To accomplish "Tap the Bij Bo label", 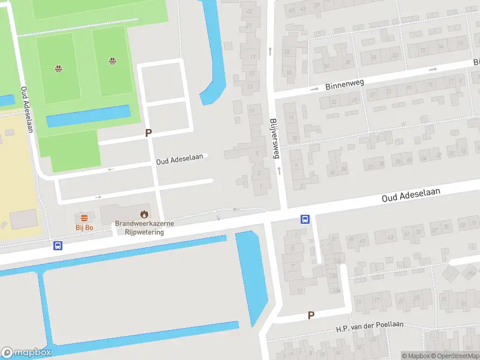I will [x=84, y=227].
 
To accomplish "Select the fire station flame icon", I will [x=144, y=214].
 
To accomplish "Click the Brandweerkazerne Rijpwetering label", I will [x=144, y=227].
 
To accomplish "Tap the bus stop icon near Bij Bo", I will [x=58, y=245].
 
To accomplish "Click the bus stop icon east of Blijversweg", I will [x=305, y=219].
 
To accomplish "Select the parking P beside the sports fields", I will [x=148, y=133].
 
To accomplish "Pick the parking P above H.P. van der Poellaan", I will [x=311, y=315].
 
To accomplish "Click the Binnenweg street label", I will [x=344, y=85].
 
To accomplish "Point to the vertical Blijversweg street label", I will [x=275, y=137].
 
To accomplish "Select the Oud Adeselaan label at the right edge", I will [x=412, y=194].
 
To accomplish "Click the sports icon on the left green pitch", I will [x=58, y=68].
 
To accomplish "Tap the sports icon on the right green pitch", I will [x=112, y=61].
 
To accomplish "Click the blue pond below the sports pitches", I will [x=88, y=116].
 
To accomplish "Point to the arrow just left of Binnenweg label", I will [x=314, y=89].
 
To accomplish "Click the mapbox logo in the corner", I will [x=26, y=352].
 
